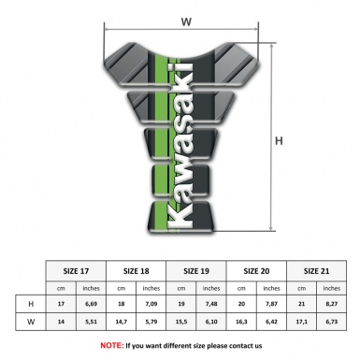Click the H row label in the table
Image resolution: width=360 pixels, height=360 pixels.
pos(31,304)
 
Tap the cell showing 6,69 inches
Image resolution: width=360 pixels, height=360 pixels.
pos(92,304)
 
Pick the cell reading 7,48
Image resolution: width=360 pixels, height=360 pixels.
pos(212,304)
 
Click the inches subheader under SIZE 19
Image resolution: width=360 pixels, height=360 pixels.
pos(212,288)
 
